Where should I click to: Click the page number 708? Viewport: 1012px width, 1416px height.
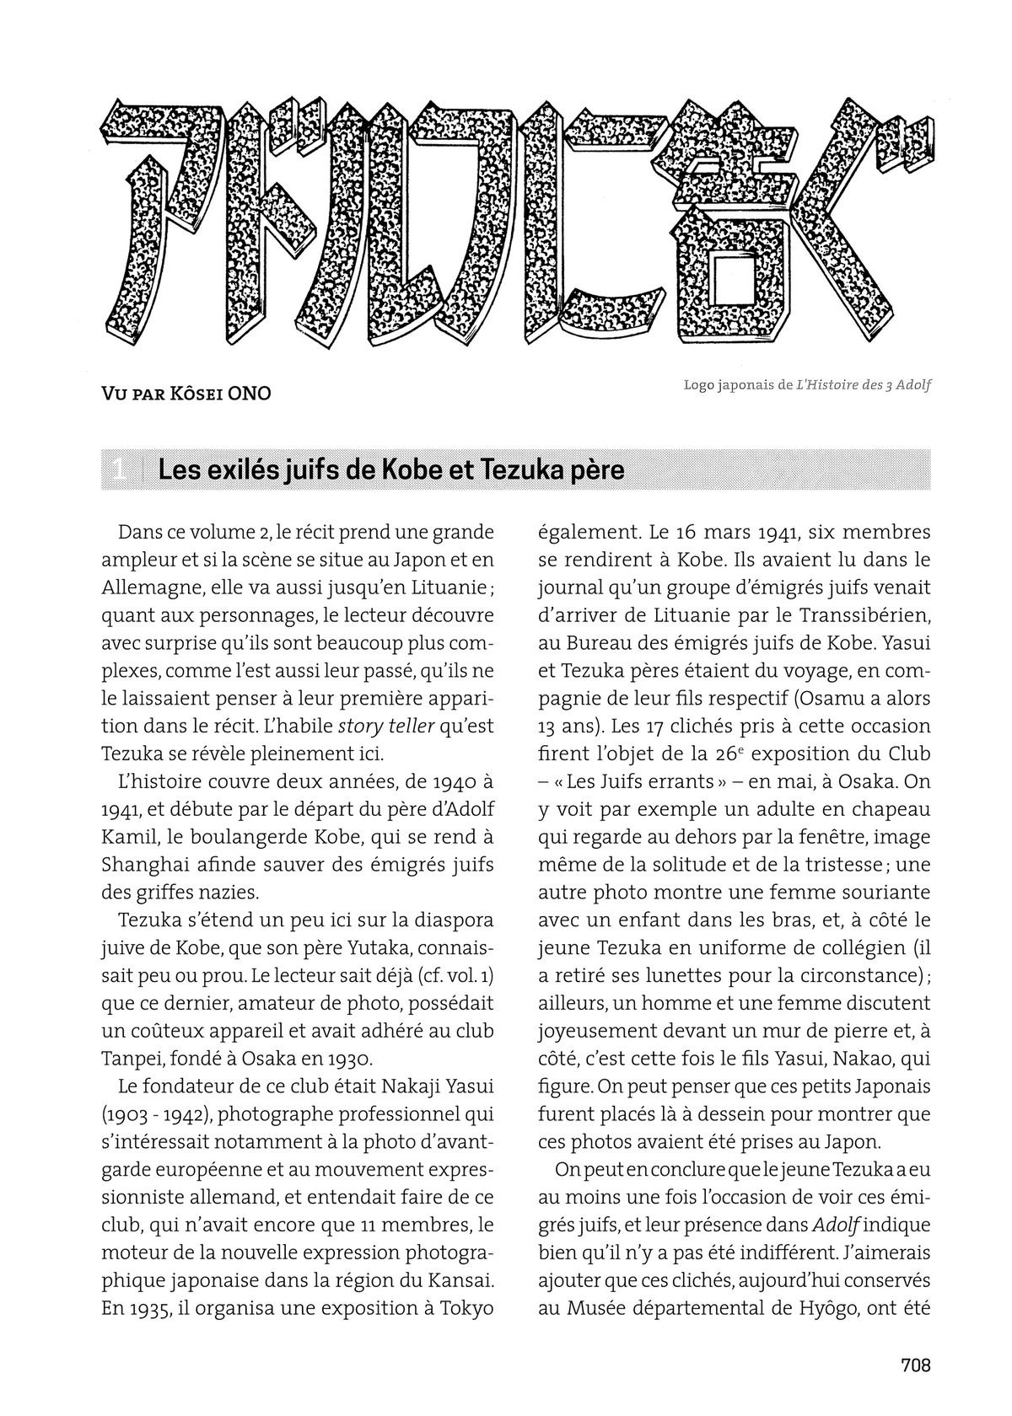click(915, 1365)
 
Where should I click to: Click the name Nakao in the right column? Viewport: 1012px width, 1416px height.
click(848, 1058)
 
